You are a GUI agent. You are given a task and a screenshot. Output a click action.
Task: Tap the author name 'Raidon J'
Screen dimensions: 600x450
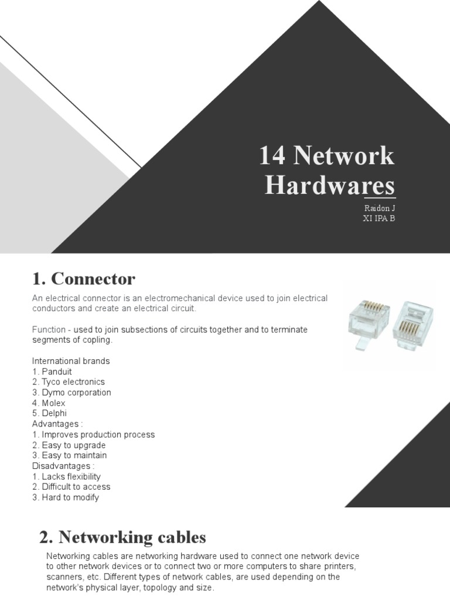[x=379, y=208]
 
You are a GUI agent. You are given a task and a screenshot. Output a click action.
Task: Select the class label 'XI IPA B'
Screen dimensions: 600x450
[x=379, y=219]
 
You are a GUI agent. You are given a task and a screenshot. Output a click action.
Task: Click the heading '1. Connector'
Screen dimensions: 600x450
[x=83, y=279]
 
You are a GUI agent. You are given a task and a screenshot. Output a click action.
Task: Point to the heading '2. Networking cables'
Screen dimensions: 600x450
[x=122, y=537]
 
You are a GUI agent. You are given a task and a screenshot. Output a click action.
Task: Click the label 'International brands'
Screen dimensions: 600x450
[x=71, y=361]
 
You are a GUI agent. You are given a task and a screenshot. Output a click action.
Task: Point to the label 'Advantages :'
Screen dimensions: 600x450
[x=57, y=424]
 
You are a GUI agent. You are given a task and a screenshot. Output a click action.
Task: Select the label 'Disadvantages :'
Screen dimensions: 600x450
[x=63, y=466]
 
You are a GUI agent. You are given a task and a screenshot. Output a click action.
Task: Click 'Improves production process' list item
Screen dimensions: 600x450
[x=93, y=435]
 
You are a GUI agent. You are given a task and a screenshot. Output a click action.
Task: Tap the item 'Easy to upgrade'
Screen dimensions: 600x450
[x=69, y=445]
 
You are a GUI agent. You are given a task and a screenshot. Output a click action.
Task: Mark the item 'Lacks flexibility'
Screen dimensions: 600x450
[x=66, y=476]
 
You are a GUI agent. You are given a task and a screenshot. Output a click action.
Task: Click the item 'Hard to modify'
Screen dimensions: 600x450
[x=66, y=497]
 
